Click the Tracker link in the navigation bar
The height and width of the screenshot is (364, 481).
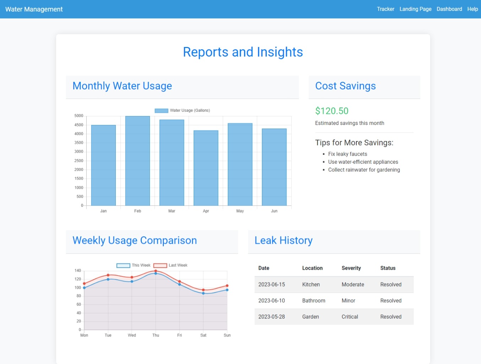tap(385, 9)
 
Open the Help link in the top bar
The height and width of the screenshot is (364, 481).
tap(472, 9)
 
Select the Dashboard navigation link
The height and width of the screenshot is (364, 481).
tap(449, 9)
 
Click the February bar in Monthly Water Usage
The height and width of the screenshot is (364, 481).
tap(137, 161)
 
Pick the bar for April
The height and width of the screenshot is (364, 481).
tap(206, 168)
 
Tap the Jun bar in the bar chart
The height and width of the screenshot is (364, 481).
tap(274, 167)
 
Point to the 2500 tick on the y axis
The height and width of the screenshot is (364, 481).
tap(79, 161)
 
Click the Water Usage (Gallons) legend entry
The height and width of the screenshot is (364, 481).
tap(182, 111)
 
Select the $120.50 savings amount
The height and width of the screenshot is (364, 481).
tap(332, 111)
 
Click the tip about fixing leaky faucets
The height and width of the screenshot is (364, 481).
tap(347, 154)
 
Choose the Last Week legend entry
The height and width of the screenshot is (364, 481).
tap(171, 265)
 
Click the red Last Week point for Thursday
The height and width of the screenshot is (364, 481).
tap(156, 271)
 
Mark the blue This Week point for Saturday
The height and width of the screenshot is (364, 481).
tap(203, 293)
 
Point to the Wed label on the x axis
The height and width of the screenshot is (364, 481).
tap(132, 335)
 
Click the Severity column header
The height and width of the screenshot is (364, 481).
tap(351, 268)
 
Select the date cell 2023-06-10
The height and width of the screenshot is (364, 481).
tap(271, 301)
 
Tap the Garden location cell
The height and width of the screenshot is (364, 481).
tap(310, 317)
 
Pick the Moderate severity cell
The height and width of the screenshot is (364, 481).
tap(353, 285)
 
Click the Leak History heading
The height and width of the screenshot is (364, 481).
tap(283, 241)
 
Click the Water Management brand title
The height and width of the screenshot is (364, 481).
tap(34, 9)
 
